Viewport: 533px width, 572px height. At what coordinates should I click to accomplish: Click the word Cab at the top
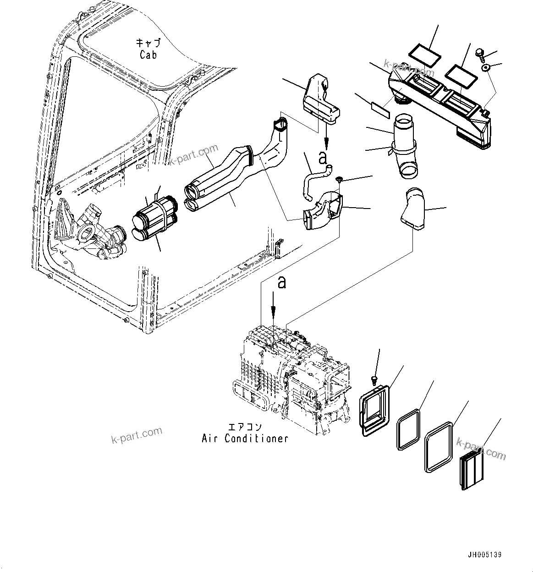click(x=148, y=55)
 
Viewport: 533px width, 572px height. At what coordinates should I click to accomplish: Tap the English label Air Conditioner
click(x=245, y=439)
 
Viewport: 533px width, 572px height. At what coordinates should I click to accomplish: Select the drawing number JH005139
click(x=485, y=555)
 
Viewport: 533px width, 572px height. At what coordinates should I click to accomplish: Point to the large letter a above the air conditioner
click(x=281, y=282)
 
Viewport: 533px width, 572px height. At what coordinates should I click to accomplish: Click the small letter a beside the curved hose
click(x=323, y=159)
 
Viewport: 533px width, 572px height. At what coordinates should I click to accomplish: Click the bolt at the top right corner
click(x=480, y=54)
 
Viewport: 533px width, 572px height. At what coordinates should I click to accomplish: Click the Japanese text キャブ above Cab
click(x=148, y=43)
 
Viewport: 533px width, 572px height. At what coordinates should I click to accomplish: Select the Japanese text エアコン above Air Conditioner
click(x=245, y=427)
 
